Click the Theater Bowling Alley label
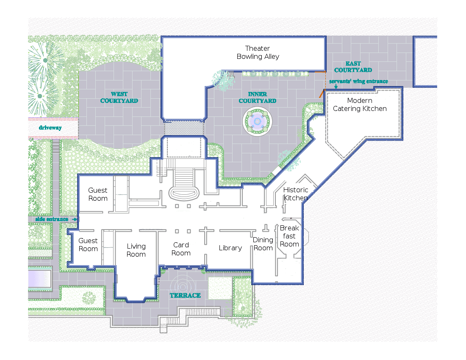tap(258, 53)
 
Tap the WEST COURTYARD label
tap(119, 97)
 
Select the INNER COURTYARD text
tap(258, 97)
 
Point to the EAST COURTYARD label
tap(353, 67)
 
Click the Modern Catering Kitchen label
tap(360, 105)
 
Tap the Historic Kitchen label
tap(296, 194)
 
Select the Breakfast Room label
tap(289, 236)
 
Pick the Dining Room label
tap(263, 244)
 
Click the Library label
tap(230, 248)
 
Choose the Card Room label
tap(181, 249)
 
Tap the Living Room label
tap(136, 250)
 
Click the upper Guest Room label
tap(98, 194)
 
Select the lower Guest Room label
tap(88, 245)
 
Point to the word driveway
tap(50, 127)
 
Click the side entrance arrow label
tap(52, 219)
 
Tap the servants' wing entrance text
tap(358, 81)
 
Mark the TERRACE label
tap(185, 295)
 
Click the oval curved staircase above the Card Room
tap(184, 194)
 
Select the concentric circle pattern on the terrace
tap(184, 283)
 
